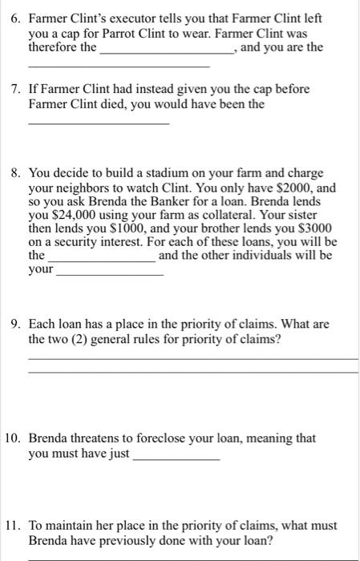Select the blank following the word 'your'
click(x=109, y=274)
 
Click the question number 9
click(x=14, y=325)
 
